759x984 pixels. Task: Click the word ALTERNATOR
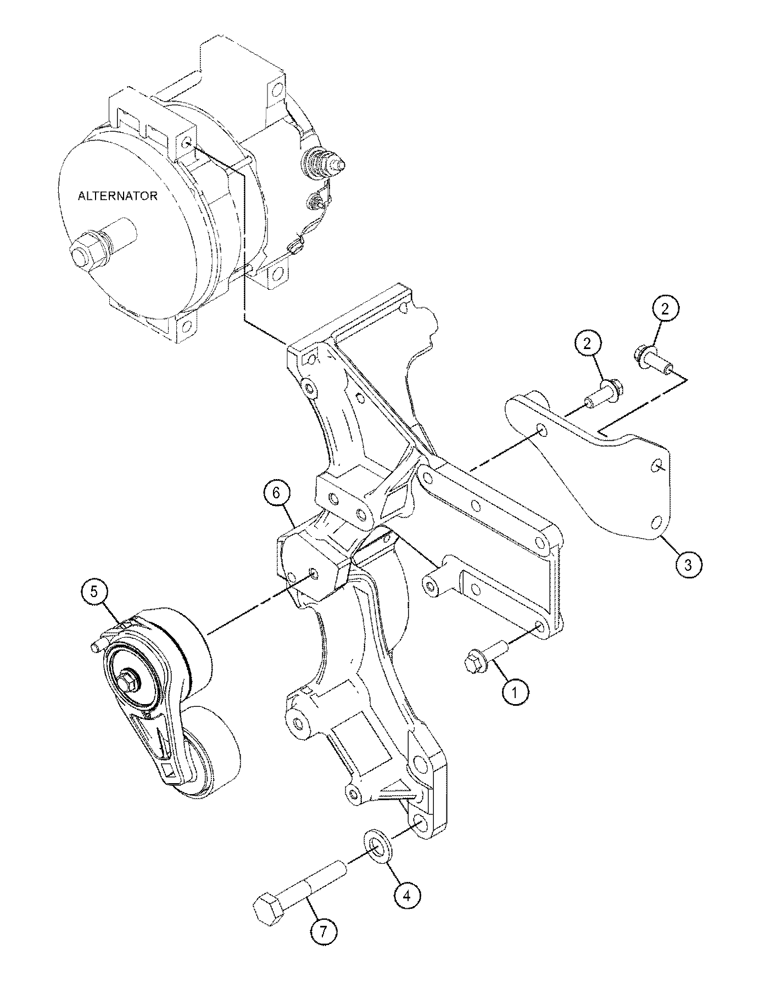pos(118,196)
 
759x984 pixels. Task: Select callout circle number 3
pos(689,563)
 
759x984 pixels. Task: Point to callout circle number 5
pos(94,592)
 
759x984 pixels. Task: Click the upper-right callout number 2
pos(666,310)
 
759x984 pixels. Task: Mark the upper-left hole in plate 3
pos(542,430)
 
